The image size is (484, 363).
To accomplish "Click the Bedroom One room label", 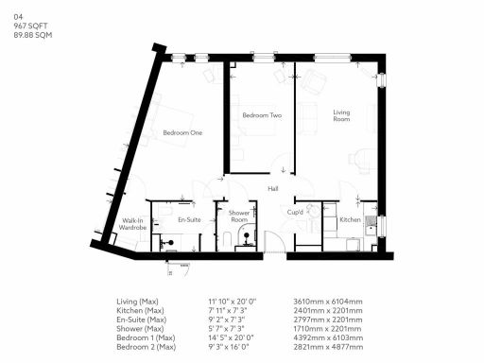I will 182,132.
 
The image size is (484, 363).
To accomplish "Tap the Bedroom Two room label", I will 262,115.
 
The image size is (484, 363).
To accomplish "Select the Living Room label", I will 341,116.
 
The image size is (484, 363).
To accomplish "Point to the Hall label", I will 273,189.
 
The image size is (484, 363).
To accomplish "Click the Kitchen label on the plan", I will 348,219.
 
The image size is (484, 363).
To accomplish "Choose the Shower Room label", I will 238,216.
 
